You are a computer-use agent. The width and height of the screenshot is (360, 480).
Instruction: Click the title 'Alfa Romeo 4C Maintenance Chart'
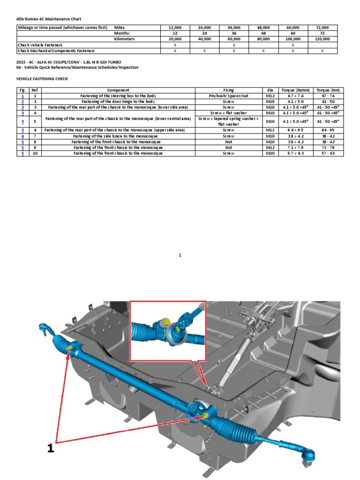coord(49,19)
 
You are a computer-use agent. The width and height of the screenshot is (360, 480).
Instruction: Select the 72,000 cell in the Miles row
coord(322,28)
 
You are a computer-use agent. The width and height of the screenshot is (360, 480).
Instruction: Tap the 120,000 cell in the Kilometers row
coord(322,39)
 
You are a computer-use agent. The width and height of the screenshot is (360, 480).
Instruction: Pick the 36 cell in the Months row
coord(234,34)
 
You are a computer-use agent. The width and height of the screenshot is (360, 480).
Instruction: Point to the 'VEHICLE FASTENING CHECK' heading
coord(42,79)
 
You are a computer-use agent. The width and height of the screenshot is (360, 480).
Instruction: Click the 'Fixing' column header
coord(228,90)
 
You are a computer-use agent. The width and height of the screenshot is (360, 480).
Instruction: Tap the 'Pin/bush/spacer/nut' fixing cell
coord(228,96)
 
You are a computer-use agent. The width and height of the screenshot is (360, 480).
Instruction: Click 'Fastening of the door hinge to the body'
coord(118,101)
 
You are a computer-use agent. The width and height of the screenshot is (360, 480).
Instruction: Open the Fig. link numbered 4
coord(22,136)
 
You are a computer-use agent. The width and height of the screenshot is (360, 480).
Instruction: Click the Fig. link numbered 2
coord(22,101)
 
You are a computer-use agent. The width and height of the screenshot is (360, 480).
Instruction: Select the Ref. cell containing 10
coord(35,153)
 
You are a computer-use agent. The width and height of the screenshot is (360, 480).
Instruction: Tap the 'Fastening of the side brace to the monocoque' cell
coord(118,136)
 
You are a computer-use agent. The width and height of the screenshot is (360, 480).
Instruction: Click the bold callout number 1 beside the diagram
coord(51,449)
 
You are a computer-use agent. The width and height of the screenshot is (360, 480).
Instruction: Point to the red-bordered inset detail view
coord(167,330)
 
